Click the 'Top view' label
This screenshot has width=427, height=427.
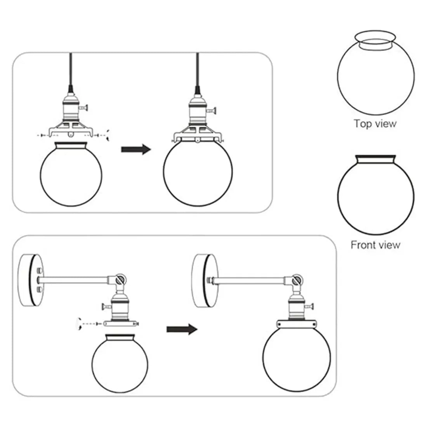(x=375, y=123)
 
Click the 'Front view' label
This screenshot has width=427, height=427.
(x=375, y=245)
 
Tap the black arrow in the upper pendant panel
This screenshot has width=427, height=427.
(x=135, y=149)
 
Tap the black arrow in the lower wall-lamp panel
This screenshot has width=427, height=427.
(x=182, y=329)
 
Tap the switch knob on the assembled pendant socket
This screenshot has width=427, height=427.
(x=212, y=110)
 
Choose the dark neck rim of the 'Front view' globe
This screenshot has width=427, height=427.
(x=375, y=158)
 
